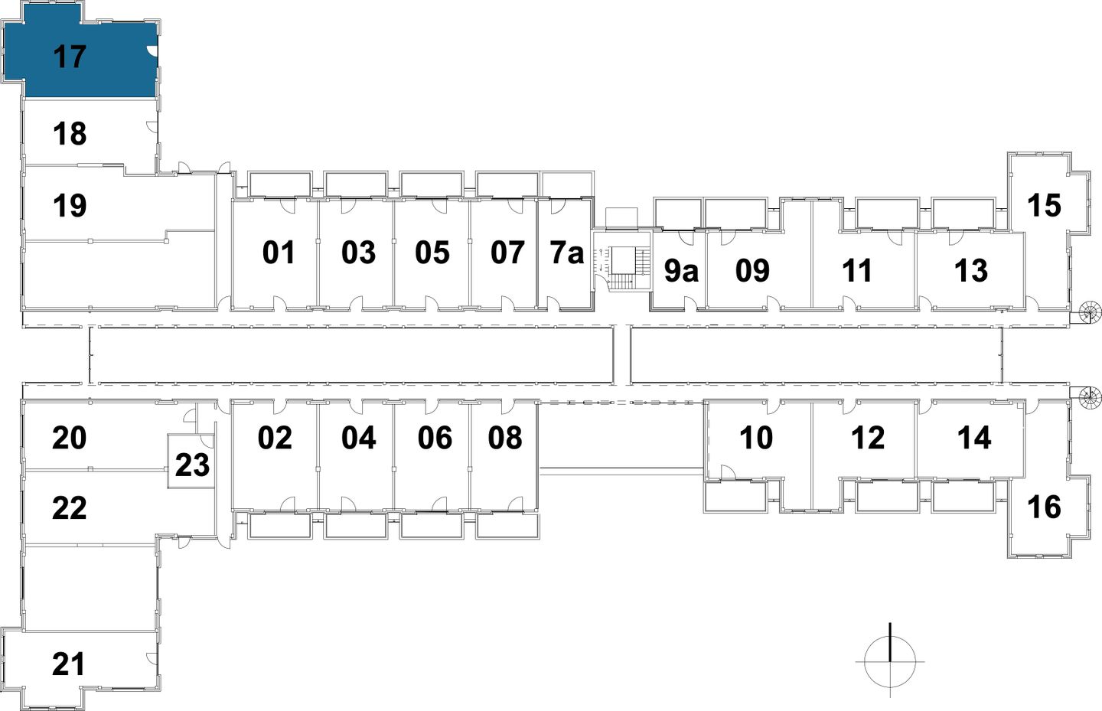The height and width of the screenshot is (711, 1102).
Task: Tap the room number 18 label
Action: pos(70,134)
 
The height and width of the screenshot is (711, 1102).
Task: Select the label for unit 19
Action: pos(70,206)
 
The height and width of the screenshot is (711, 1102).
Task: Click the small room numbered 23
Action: pos(191,464)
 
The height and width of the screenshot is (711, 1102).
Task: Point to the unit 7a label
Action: pos(567,253)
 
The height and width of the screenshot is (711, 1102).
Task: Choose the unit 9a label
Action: pos(680,271)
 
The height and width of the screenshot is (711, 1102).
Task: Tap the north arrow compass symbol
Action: pos(890,660)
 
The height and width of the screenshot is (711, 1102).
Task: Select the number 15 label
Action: pos(1044,205)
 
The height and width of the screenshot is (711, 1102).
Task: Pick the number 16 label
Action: pos(1044,507)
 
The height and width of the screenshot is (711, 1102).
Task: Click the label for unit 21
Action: pos(69,664)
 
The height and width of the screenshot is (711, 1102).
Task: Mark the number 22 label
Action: pos(69,507)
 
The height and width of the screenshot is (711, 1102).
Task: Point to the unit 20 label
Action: pos(69,439)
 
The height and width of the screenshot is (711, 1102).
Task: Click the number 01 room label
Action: pos(279,253)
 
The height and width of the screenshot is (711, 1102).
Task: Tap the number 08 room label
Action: pos(505,438)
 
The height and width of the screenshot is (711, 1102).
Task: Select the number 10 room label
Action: pos(756,438)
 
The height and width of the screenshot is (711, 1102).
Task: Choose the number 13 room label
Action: pos(971,271)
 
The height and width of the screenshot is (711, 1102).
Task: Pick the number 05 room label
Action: pos(432,253)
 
